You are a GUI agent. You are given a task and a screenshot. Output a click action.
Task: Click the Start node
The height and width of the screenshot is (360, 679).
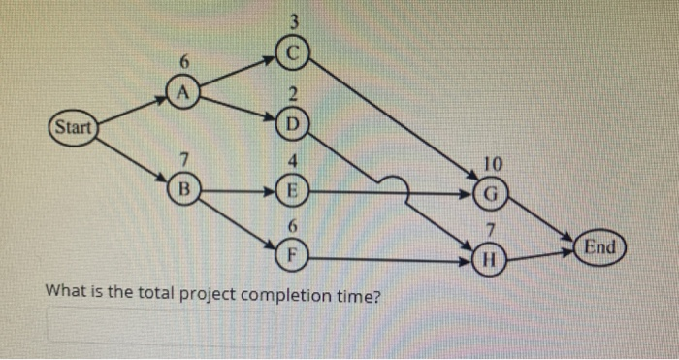[x=72, y=128]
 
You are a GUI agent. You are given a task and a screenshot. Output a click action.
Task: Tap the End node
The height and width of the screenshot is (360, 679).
[x=599, y=247]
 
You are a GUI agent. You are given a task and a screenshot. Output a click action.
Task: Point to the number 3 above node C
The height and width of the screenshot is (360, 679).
[x=291, y=19]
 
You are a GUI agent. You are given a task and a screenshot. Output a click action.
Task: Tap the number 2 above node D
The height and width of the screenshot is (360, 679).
[x=290, y=96]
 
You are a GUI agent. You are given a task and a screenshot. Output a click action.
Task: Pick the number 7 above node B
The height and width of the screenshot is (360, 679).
[x=182, y=158]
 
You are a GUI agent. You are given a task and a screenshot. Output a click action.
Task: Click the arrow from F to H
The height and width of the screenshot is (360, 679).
[x=388, y=260]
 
